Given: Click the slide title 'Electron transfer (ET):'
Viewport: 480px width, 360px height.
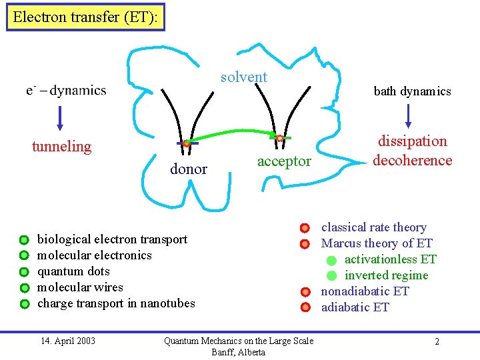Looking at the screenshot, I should point(85,17).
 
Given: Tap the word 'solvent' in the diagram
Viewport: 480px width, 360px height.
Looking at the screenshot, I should point(244,77).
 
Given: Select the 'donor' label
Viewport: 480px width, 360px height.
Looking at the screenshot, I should point(189,169).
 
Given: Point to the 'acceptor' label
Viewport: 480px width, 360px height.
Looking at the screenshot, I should point(284,161).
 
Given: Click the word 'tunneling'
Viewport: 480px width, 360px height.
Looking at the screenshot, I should point(61,147).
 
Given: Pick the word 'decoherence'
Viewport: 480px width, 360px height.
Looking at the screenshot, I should point(413,160).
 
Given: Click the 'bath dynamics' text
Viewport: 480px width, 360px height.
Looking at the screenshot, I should point(412,91).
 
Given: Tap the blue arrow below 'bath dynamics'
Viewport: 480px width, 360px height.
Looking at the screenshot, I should point(409,115).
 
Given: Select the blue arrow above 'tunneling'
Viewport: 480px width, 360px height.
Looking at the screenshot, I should point(60,117).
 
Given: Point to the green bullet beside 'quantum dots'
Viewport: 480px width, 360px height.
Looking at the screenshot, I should point(24,272).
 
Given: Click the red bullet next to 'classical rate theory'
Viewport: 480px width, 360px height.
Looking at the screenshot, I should point(305,228).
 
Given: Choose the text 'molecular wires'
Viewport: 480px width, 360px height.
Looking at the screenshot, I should point(80,287).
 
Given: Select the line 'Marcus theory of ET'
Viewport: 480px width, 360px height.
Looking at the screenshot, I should point(377,243).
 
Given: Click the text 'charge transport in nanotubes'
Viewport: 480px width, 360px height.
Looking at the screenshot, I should point(116,303).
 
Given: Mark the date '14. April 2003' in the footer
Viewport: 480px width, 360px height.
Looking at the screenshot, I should point(68,341).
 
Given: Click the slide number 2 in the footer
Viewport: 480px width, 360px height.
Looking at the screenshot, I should point(437,342).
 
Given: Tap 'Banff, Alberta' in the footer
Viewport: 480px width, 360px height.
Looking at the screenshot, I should point(238,352).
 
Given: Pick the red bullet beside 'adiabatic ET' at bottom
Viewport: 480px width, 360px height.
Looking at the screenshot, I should point(305,308).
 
